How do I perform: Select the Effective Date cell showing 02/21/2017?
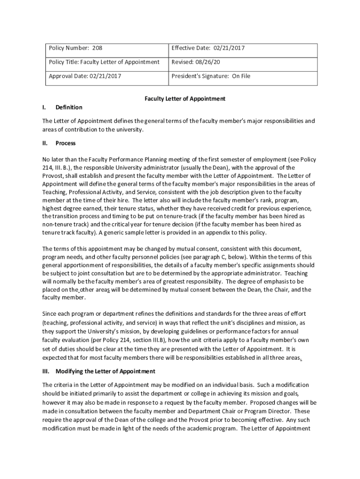(209, 48)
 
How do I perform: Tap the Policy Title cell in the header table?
(104, 62)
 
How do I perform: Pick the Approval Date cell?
(85, 75)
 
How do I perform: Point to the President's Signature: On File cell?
(211, 75)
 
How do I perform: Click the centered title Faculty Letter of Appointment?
(185, 99)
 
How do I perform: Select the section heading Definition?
(69, 107)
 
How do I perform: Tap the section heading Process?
(65, 143)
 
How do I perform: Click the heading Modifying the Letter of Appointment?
(105, 371)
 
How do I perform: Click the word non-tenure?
(58, 225)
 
